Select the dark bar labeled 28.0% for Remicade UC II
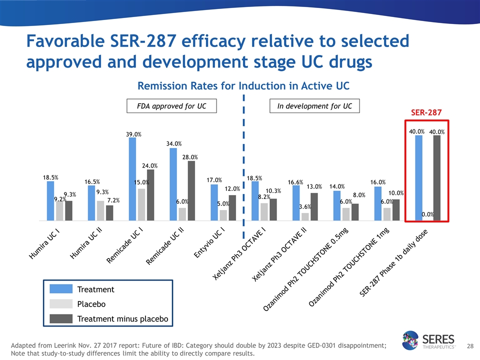pos(191,190)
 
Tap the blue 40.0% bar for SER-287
pos(419,177)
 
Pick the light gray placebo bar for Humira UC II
pos(100,210)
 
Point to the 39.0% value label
pos(133,134)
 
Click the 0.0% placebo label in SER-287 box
pos(427,214)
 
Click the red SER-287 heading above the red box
pos(426,112)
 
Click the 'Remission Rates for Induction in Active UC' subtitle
pos(243,86)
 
